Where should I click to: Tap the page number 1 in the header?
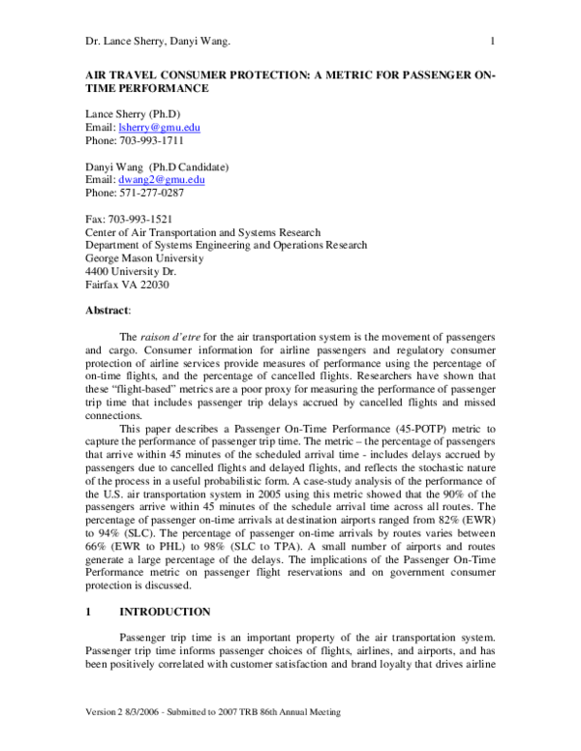pyautogui.click(x=493, y=41)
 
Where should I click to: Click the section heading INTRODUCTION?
pyautogui.click(x=164, y=612)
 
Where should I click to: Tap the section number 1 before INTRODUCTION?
pyautogui.click(x=88, y=612)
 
